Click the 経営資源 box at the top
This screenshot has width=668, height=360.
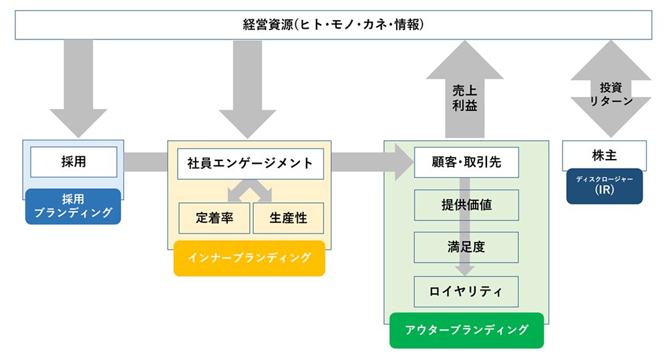[x=333, y=25]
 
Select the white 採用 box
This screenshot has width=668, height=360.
[x=73, y=162]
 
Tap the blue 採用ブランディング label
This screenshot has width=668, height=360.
[x=73, y=206]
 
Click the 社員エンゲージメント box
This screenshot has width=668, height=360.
[x=251, y=164]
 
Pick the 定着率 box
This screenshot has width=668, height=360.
[x=214, y=218]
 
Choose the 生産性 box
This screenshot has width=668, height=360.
[x=289, y=218]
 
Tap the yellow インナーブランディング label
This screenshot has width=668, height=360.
[x=249, y=258]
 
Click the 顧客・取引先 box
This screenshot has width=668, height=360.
[x=466, y=162]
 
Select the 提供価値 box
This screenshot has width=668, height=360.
[x=466, y=205]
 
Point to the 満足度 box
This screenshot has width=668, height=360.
[x=466, y=247]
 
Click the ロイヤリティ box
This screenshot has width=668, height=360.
[x=466, y=291]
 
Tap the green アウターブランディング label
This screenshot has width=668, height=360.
[x=466, y=330]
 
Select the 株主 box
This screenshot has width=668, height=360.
[x=605, y=156]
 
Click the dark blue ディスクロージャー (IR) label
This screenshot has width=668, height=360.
[x=605, y=186]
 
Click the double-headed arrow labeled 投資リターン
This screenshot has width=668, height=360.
[x=611, y=89]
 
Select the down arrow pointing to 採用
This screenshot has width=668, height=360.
[x=78, y=89]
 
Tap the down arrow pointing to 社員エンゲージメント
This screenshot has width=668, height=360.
[x=248, y=89]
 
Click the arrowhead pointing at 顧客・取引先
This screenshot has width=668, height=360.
[x=404, y=162]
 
